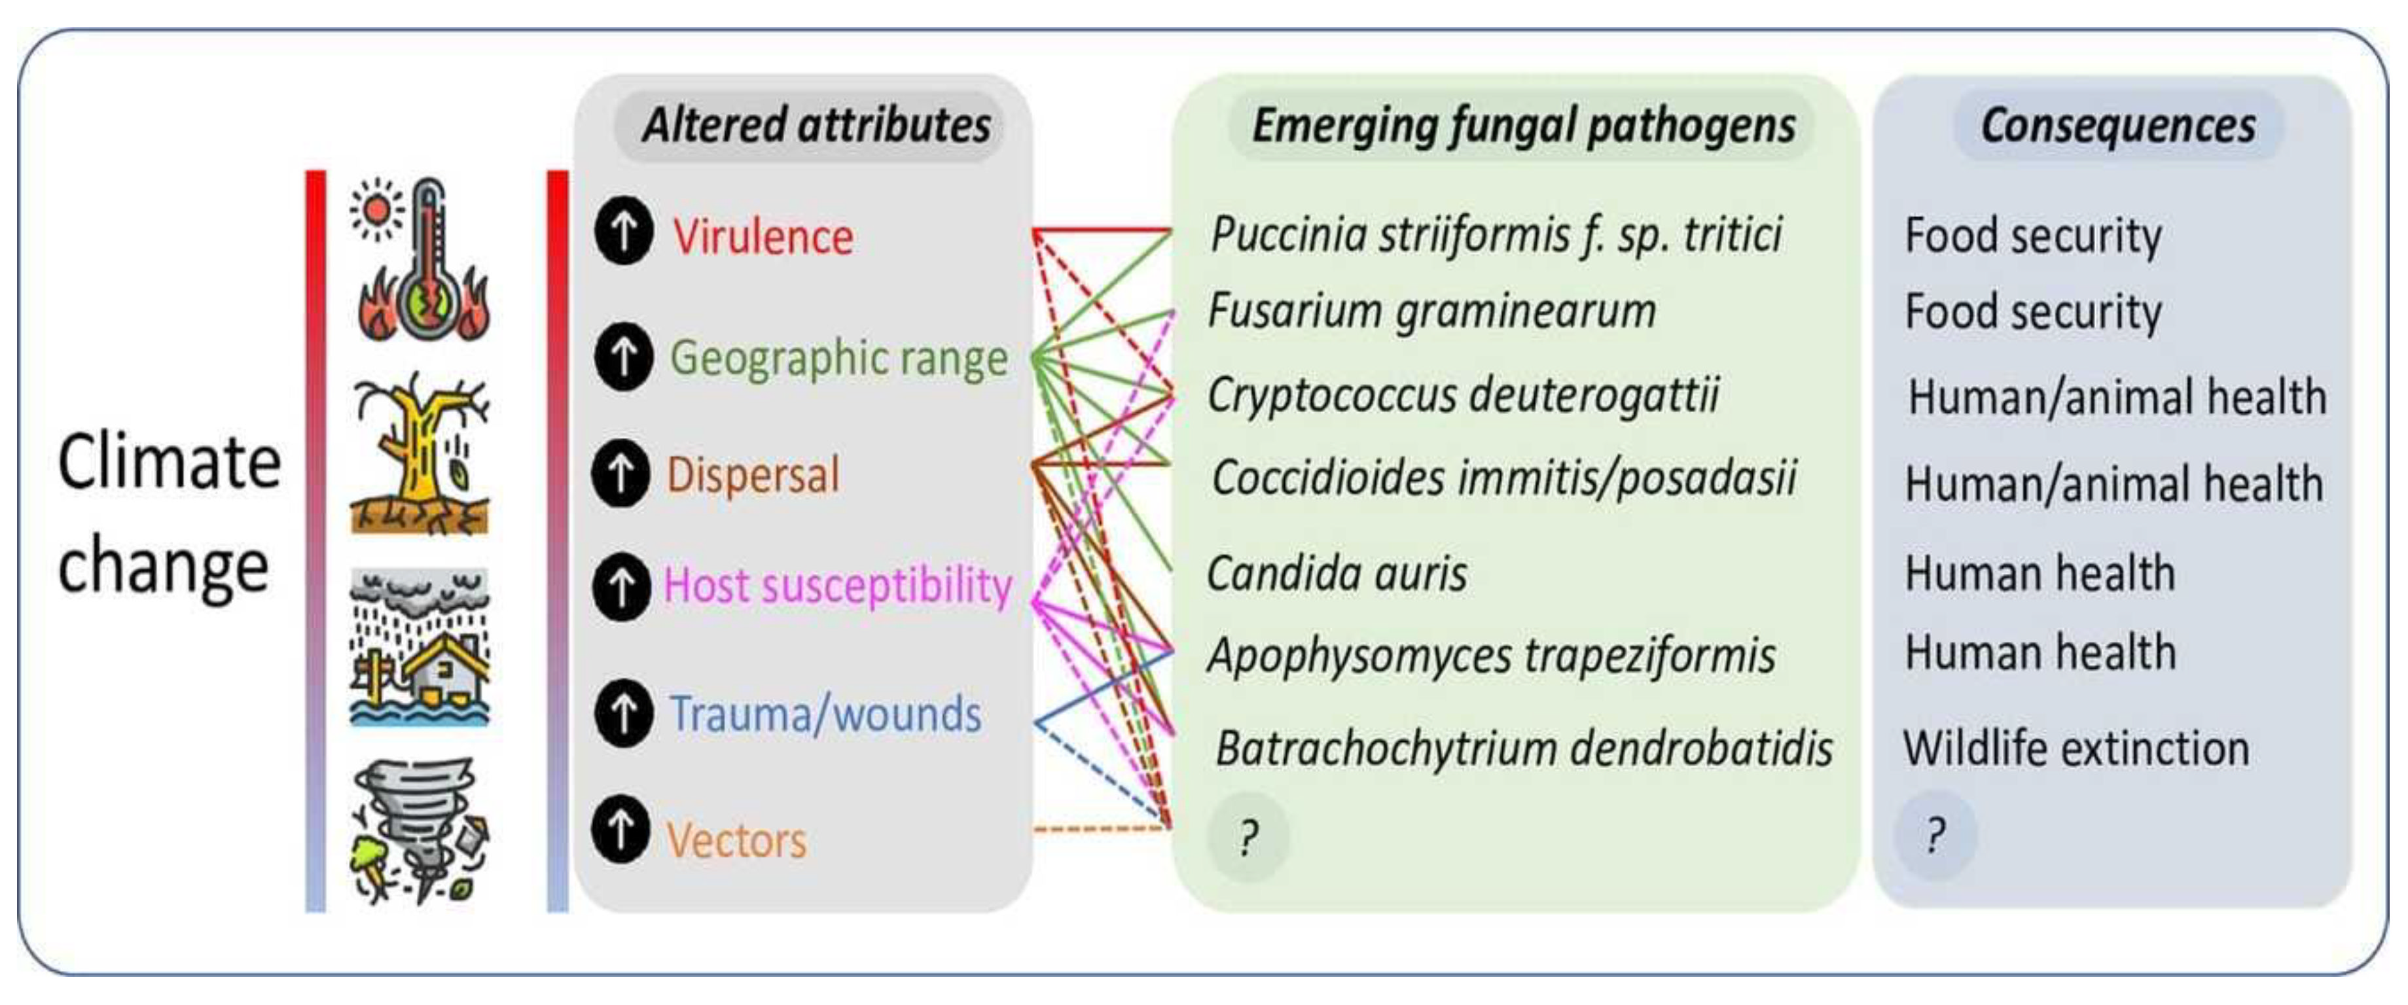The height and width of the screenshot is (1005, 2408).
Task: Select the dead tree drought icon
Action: [x=421, y=453]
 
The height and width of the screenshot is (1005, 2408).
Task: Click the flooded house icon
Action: [x=419, y=647]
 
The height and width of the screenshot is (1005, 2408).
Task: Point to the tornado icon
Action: [x=419, y=831]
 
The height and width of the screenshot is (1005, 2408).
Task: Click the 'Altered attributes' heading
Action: [x=816, y=125]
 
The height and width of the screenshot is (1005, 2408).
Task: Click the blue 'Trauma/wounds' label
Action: [x=825, y=714]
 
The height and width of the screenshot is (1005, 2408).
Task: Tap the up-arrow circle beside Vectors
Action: [x=620, y=829]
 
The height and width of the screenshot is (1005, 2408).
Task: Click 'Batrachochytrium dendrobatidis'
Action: [x=1524, y=749]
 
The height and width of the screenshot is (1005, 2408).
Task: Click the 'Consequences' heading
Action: [x=2117, y=125]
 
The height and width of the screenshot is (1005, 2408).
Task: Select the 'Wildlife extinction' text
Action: [x=2076, y=749]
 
